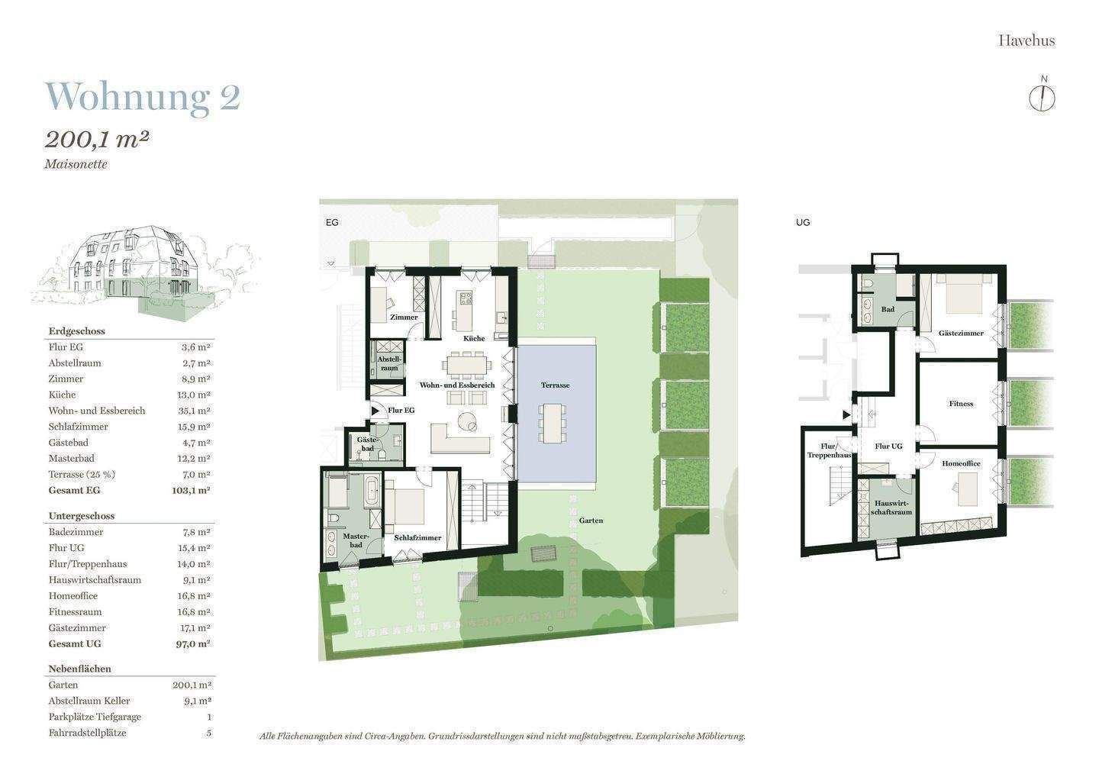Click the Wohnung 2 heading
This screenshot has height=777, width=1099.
coord(143,98)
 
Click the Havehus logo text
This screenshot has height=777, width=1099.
coord(1027,40)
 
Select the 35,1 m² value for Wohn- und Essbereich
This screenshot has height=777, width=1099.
coord(194,411)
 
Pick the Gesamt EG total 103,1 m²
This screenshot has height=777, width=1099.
coord(192,490)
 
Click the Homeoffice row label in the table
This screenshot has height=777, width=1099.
coord(73,596)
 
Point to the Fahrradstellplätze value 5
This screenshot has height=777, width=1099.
coord(209,733)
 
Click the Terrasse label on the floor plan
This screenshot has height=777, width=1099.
coord(556,385)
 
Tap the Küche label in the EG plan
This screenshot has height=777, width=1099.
coord(474,338)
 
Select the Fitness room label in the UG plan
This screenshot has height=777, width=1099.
coord(961,404)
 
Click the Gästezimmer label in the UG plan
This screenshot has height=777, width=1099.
coord(961,333)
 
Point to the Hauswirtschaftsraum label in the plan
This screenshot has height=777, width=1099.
coord(891,508)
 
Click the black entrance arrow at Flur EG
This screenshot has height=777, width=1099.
coord(375,411)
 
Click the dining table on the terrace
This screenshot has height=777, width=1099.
coord(552,423)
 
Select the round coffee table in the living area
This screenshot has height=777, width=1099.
coord(467,421)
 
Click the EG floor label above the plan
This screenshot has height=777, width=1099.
coord(332,222)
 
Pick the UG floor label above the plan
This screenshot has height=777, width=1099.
coord(803,222)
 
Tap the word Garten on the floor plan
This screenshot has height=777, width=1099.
coord(591,520)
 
